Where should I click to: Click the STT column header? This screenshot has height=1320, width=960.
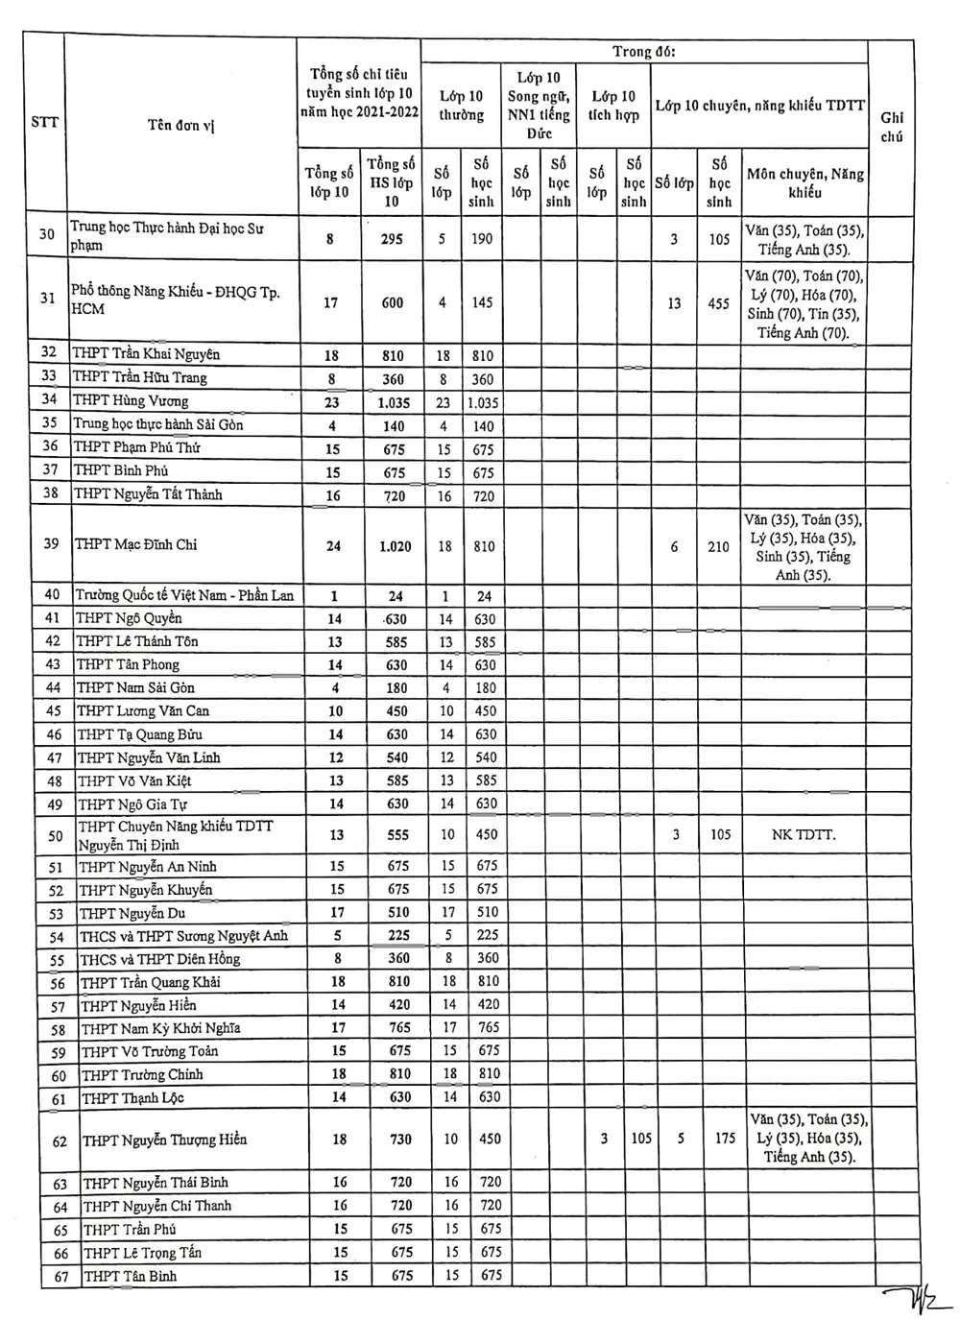[x=44, y=122]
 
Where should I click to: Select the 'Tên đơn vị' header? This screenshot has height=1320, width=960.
[x=180, y=125]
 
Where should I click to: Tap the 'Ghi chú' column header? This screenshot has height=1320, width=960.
[x=892, y=127]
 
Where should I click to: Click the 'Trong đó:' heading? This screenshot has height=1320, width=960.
[x=644, y=52]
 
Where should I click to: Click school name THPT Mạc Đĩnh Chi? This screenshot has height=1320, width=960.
[x=136, y=544]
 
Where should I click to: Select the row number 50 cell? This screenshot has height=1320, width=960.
[x=56, y=835]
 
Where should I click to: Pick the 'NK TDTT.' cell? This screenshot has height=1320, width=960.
[x=804, y=835]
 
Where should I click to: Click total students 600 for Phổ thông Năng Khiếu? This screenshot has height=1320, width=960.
[x=392, y=302]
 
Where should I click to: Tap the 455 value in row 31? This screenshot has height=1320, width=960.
[x=718, y=303]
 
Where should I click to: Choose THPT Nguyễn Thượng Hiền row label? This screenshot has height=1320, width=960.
[x=164, y=1140]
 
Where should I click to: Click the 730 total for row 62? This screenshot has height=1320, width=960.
[x=400, y=1140]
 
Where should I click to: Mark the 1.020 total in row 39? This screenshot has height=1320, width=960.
[x=395, y=546]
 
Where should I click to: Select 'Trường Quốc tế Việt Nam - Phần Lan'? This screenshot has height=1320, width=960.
[x=184, y=595]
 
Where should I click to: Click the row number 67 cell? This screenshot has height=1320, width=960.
[x=61, y=1277]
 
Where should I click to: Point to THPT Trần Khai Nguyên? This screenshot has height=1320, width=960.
[x=146, y=354]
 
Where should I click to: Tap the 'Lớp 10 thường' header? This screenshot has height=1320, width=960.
[x=462, y=106]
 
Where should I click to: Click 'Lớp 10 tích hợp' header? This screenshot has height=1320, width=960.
[x=614, y=106]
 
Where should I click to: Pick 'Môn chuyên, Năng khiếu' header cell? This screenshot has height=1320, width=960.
[x=804, y=182]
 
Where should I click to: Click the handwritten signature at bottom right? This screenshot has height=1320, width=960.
[x=918, y=1301]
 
